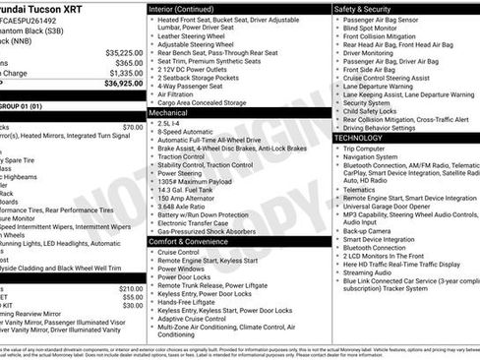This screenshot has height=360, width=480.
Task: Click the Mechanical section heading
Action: pos(168,113)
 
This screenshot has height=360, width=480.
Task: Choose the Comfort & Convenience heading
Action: pos(193,241)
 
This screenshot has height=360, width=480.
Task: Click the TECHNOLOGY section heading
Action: pos(368,139)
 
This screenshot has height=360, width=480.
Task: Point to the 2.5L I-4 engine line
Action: pos(175,124)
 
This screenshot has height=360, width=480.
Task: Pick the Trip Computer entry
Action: pos(369,149)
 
